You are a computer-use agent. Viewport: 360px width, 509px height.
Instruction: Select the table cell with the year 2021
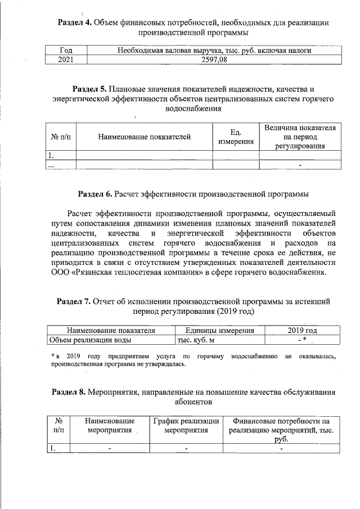pyautogui.click(x=65, y=60)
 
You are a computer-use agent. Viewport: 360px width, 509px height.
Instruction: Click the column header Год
pyautogui.click(x=65, y=51)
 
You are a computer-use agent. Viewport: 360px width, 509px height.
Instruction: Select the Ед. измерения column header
pyautogui.click(x=235, y=137)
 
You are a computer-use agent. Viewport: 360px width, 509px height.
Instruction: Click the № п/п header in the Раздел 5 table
pyautogui.click(x=60, y=137)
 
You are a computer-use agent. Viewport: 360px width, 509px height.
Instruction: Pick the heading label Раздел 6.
pyautogui.click(x=95, y=195)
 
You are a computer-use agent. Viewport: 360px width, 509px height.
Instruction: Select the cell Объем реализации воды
pyautogui.click(x=90, y=340)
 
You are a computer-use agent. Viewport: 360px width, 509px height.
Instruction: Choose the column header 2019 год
pyautogui.click(x=298, y=330)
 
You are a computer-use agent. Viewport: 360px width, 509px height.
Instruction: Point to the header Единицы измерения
pyautogui.click(x=216, y=330)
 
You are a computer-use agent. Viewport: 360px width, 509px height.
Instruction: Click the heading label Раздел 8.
pyautogui.click(x=69, y=392)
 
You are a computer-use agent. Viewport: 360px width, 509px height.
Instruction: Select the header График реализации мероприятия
pyautogui.click(x=186, y=426)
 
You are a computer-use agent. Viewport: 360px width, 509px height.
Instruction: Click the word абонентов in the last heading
pyautogui.click(x=193, y=403)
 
